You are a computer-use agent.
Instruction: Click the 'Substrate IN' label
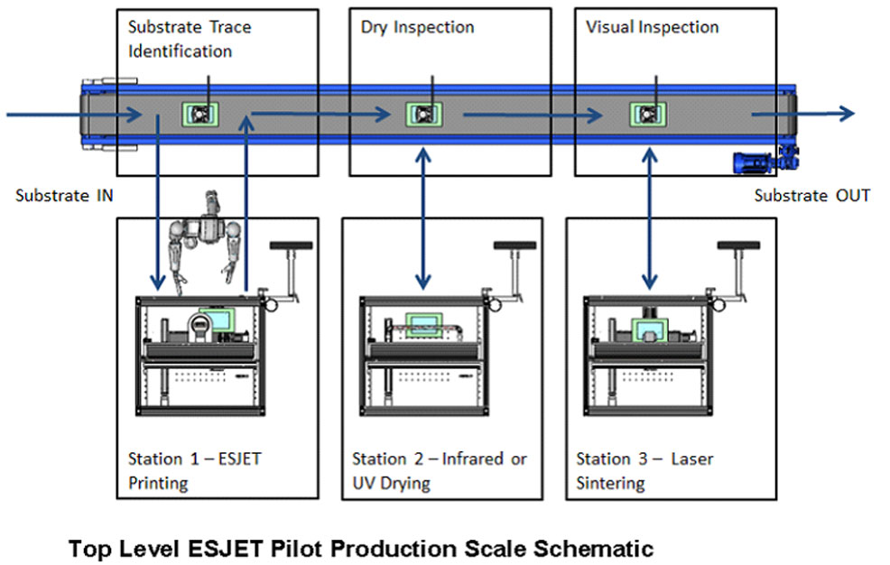tap(64, 195)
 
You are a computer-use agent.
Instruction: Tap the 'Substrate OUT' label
tap(811, 195)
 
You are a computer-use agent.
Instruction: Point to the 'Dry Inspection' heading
tap(417, 27)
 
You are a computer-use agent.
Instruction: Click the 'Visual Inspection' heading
tap(652, 27)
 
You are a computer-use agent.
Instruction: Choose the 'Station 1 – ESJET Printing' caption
tap(194, 470)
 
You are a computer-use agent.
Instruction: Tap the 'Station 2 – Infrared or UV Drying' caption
tap(439, 470)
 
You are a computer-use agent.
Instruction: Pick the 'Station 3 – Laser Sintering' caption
tap(644, 470)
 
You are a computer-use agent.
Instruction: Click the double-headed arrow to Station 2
tap(422, 217)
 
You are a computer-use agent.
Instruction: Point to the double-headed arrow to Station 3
tap(647, 217)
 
